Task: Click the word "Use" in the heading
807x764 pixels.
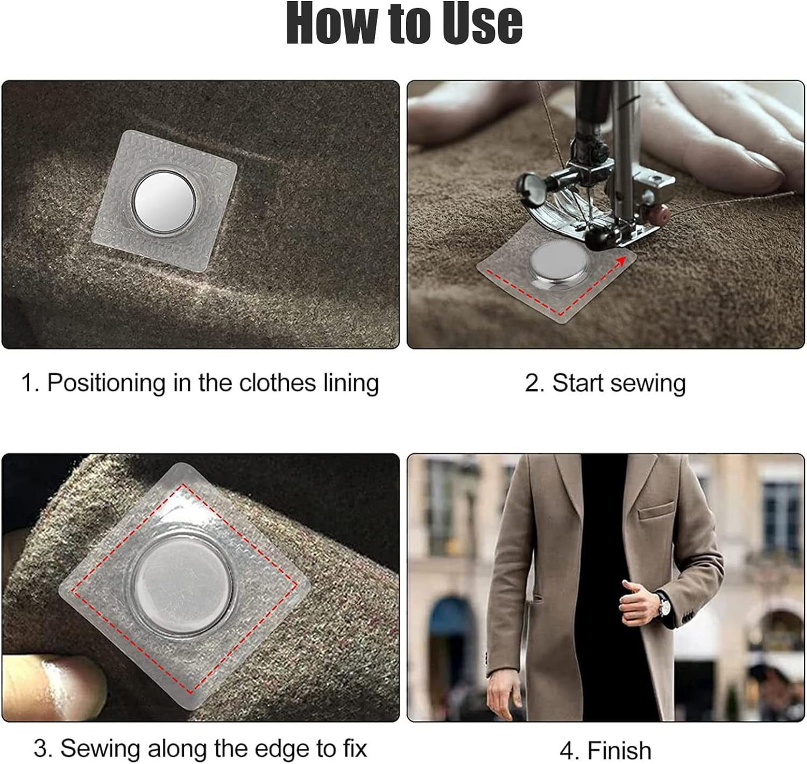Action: pyautogui.click(x=482, y=23)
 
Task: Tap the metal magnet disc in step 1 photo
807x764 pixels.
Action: pyautogui.click(x=165, y=202)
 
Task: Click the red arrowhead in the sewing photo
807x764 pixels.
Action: pyautogui.click(x=622, y=261)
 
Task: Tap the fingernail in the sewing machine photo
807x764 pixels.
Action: pyautogui.click(x=763, y=169)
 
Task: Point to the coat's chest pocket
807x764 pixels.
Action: pyautogui.click(x=656, y=510)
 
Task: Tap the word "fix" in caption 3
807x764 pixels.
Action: pyautogui.click(x=355, y=747)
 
